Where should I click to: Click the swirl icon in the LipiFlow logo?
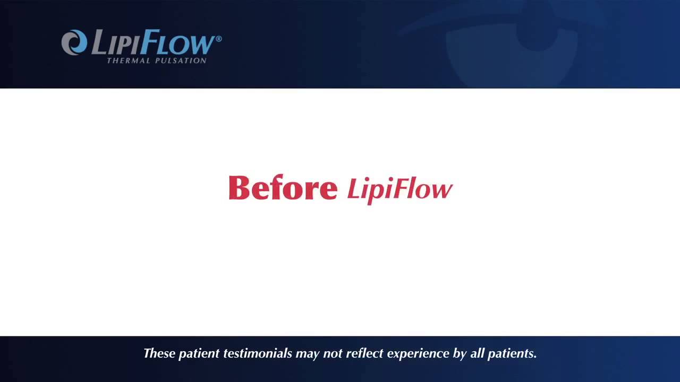click(74, 42)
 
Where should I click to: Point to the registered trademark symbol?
click(218, 39)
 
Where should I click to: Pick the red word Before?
click(283, 188)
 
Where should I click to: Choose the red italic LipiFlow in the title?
click(399, 189)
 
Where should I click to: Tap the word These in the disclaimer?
click(159, 353)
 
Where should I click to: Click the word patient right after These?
click(199, 354)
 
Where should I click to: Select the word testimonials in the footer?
click(258, 353)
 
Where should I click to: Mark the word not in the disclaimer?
click(332, 353)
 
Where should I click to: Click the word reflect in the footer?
click(364, 353)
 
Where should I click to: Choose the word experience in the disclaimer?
click(418, 354)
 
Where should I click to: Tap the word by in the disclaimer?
click(460, 354)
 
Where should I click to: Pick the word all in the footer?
click(477, 353)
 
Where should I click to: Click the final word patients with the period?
click(513, 354)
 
